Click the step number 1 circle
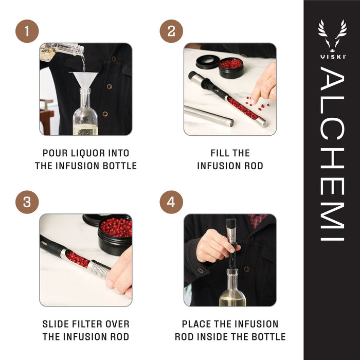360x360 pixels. pos(27,32)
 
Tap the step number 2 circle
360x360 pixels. pos(171,32)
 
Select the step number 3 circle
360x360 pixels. pos(27,202)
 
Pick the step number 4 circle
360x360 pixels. pos(171,202)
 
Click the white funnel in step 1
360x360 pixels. pos(85,80)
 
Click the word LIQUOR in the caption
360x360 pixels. pos(87,153)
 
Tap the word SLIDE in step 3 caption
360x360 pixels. pos(56,324)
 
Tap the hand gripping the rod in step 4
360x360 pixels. pos(212,247)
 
